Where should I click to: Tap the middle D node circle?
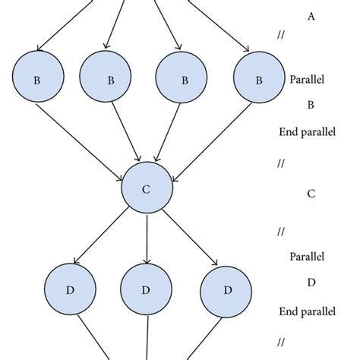click(x=146, y=290)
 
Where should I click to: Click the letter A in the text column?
click(x=311, y=15)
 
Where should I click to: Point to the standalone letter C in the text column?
click(x=311, y=193)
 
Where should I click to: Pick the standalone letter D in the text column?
click(x=311, y=282)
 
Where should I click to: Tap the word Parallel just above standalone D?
click(x=307, y=256)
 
